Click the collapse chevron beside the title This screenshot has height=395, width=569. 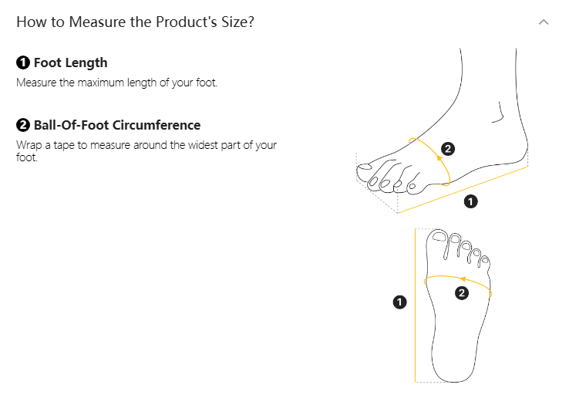[x=544, y=22]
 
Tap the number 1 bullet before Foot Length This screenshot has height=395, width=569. [x=23, y=62]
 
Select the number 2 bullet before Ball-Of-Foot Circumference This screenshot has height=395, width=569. [x=23, y=125]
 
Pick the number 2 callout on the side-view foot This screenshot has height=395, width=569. [x=448, y=149]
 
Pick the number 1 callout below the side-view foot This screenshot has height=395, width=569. [x=470, y=201]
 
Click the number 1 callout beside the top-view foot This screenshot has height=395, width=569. [x=399, y=302]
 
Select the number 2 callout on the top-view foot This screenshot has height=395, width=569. [x=462, y=293]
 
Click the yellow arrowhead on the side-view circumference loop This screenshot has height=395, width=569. [x=439, y=158]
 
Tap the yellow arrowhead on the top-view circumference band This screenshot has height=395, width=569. [x=463, y=279]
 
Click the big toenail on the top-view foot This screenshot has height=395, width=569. [x=439, y=237]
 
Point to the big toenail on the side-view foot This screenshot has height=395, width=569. [x=365, y=167]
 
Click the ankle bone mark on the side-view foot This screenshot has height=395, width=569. [x=498, y=112]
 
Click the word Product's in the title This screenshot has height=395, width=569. [x=187, y=22]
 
